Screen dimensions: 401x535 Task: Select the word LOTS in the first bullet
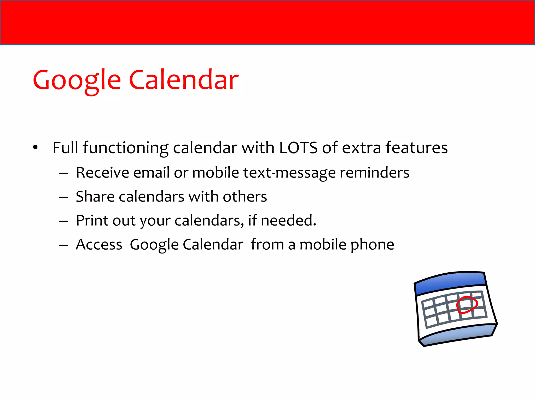(298, 148)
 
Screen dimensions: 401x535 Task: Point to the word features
(416, 148)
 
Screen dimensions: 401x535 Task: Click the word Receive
(102, 173)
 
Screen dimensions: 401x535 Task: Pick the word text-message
(289, 173)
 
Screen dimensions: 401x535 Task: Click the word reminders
(374, 173)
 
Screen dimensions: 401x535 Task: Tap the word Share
(95, 197)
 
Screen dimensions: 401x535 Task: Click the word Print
(92, 221)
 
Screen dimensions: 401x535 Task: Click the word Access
(99, 245)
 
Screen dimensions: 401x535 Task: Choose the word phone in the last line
(372, 245)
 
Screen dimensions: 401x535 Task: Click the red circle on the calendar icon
(467, 304)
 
